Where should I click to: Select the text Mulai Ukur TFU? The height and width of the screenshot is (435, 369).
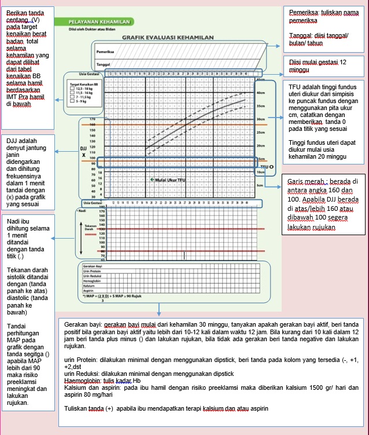[169, 180]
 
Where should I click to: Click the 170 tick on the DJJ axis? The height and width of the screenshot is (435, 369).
[91, 119]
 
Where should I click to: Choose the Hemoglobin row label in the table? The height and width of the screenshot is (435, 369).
[93, 281]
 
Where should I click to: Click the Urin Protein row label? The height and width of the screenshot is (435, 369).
[92, 271]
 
